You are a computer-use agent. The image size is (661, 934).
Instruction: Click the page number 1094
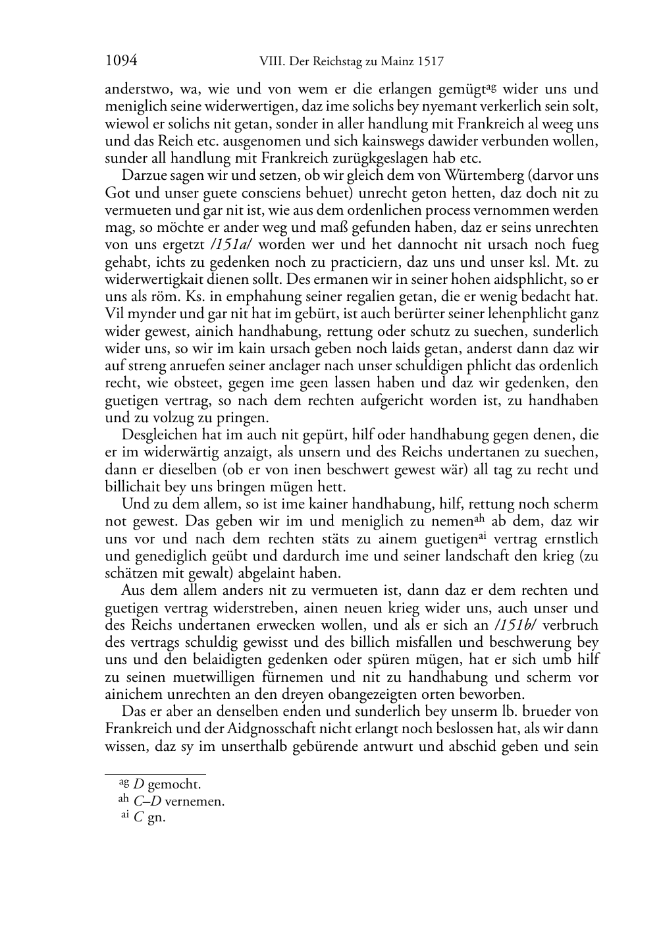(x=121, y=61)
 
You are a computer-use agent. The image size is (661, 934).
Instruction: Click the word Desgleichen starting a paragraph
(x=158, y=435)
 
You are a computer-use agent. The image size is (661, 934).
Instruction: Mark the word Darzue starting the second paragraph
(x=143, y=176)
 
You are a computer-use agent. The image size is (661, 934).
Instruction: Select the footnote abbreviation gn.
(x=157, y=819)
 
